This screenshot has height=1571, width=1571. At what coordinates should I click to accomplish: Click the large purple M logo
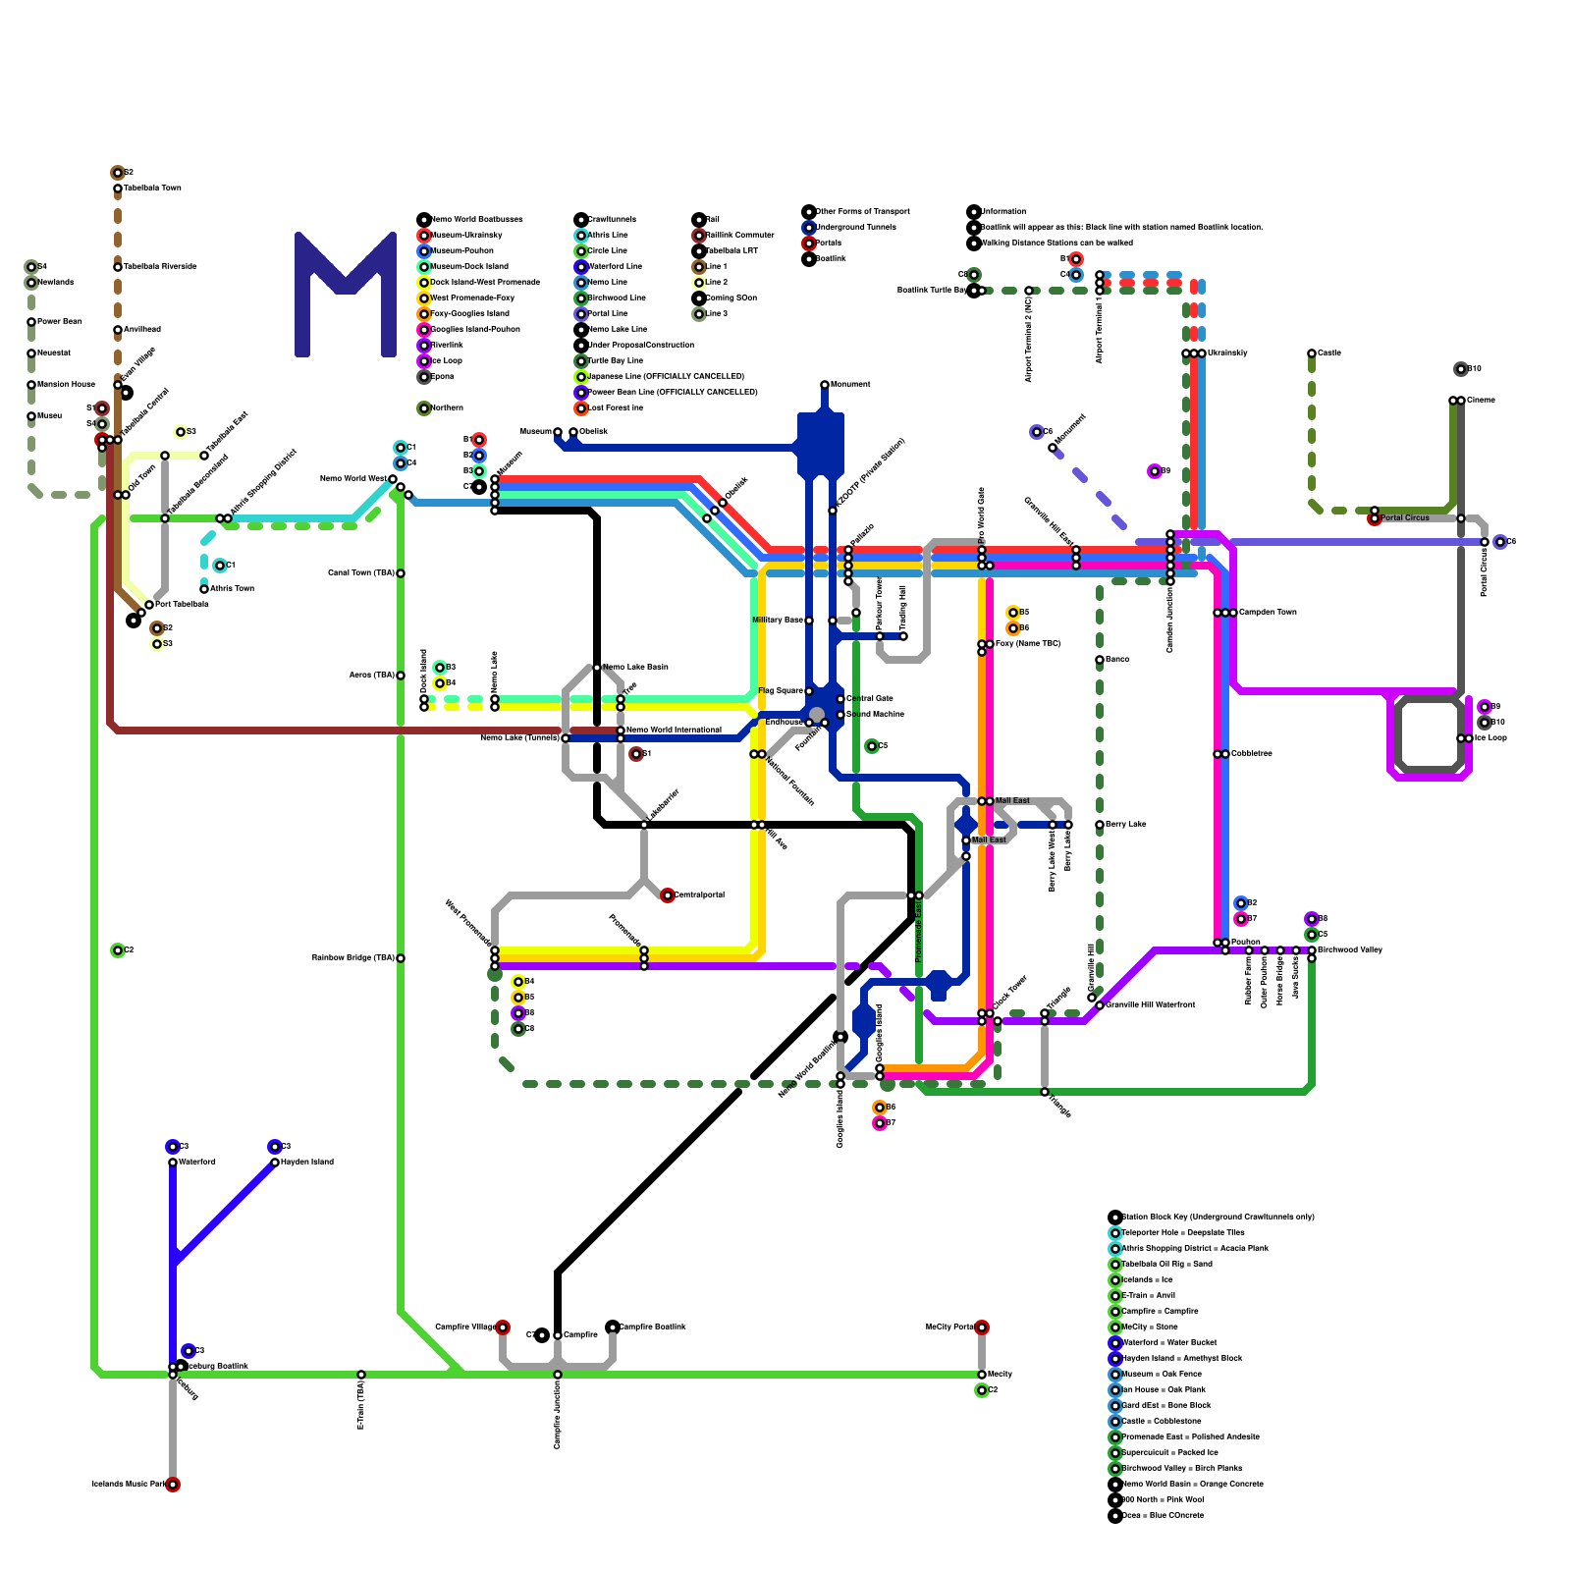pyautogui.click(x=345, y=295)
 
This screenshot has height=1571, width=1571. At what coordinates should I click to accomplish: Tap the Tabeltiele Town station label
pyautogui.click(x=152, y=188)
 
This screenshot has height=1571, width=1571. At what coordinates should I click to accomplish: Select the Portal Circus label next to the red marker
pyautogui.click(x=1404, y=517)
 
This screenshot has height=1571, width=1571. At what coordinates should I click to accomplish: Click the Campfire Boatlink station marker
pyautogui.click(x=613, y=1327)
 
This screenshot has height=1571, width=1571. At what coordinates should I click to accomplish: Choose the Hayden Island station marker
pyautogui.click(x=275, y=1163)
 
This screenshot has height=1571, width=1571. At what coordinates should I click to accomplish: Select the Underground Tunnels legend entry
pyautogui.click(x=854, y=227)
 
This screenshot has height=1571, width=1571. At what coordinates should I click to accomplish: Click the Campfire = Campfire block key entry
pyautogui.click(x=1159, y=1311)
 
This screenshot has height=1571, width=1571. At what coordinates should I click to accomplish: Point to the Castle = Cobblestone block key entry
pyautogui.click(x=1159, y=1421)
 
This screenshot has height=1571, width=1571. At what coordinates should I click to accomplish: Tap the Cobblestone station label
pyautogui.click(x=1251, y=753)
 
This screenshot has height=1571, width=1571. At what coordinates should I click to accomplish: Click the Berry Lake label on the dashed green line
pyautogui.click(x=1124, y=824)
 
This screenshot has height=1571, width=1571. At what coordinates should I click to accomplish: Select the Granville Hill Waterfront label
pyautogui.click(x=1150, y=1004)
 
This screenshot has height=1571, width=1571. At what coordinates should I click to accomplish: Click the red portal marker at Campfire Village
pyautogui.click(x=503, y=1327)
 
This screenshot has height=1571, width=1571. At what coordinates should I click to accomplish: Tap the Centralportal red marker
pyautogui.click(x=668, y=895)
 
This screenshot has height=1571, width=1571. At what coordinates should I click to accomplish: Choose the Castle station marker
pyautogui.click(x=1312, y=353)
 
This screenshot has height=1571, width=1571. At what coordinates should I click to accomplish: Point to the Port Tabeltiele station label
pyautogui.click(x=182, y=604)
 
